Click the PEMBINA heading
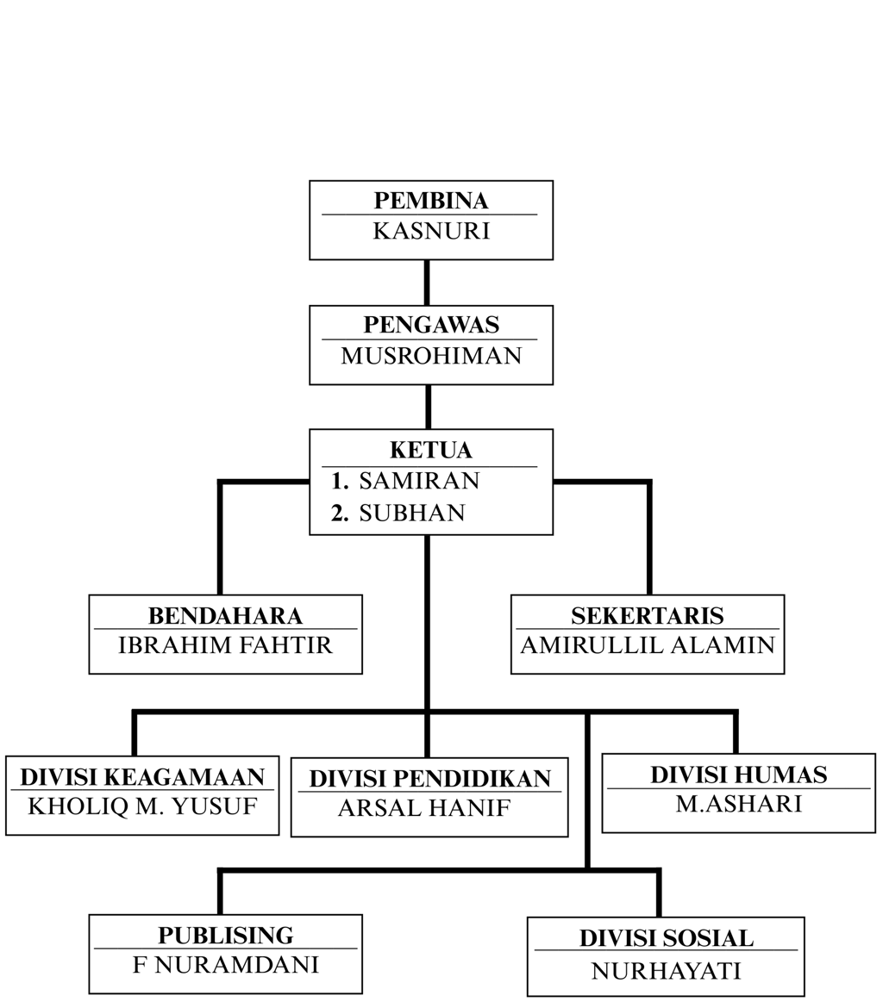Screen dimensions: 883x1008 click(x=430, y=201)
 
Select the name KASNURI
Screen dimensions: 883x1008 click(x=430, y=231)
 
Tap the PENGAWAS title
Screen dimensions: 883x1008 click(x=430, y=325)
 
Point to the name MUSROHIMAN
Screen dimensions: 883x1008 click(x=430, y=355)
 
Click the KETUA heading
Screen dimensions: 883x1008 click(x=430, y=451)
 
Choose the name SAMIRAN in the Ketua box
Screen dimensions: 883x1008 click(x=419, y=481)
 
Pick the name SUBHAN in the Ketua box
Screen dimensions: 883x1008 click(x=411, y=513)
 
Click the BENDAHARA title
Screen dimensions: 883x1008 click(x=225, y=616)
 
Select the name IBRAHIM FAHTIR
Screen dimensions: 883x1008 click(x=225, y=645)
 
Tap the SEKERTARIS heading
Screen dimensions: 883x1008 click(x=647, y=616)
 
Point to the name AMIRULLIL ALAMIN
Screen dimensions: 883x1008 click(x=647, y=645)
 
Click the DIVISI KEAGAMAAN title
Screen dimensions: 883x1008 click(x=142, y=777)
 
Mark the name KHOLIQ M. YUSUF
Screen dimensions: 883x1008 click(x=142, y=806)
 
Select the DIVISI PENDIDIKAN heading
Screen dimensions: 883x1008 click(x=429, y=779)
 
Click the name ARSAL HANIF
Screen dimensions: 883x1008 click(x=424, y=808)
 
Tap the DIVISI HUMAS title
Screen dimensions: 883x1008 click(x=738, y=775)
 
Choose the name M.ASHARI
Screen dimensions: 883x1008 click(x=738, y=803)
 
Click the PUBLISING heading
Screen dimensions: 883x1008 click(x=225, y=936)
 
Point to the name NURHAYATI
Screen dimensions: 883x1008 click(x=666, y=971)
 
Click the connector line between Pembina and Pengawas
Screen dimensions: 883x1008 click(x=427, y=283)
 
